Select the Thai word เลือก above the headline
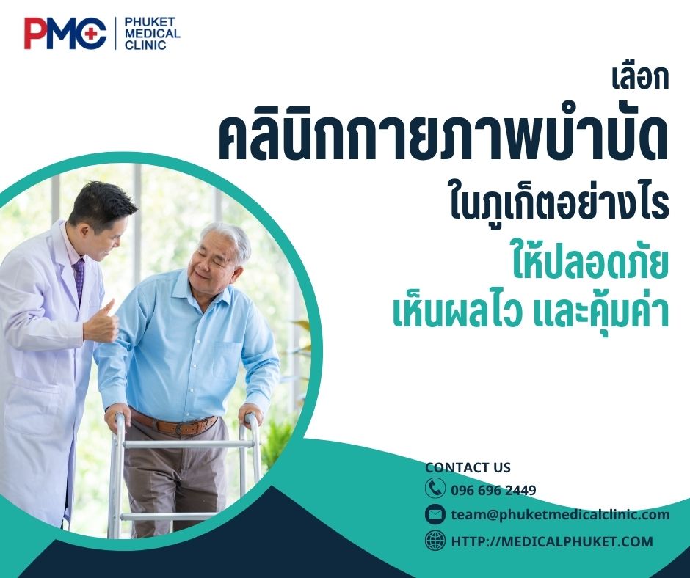point(640,78)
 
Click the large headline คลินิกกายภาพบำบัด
point(443,139)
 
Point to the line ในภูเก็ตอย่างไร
point(559,205)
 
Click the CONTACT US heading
point(468,468)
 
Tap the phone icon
point(435,489)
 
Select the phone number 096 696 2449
point(493,490)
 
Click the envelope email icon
point(435,514)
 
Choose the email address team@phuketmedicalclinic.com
point(560,515)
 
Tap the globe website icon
point(435,541)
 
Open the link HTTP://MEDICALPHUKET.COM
point(551,541)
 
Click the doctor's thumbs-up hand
point(103,322)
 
